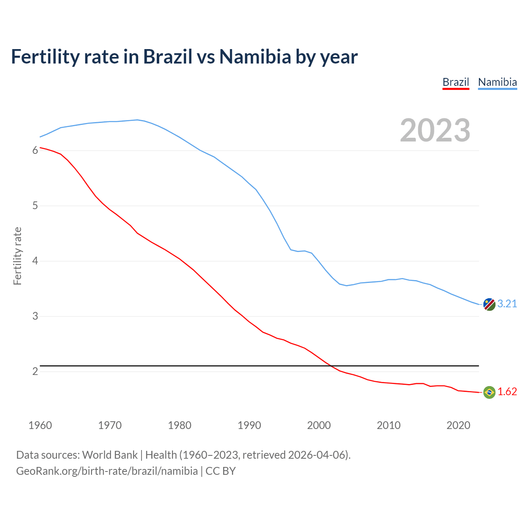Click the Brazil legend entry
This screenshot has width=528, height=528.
pyautogui.click(x=456, y=82)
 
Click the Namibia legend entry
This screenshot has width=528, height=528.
pyautogui.click(x=497, y=82)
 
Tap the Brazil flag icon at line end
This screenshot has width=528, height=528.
pyautogui.click(x=489, y=392)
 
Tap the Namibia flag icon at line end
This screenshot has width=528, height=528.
pyautogui.click(x=489, y=304)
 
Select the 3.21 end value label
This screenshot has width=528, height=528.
pyautogui.click(x=507, y=304)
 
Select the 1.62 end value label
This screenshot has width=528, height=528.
pyautogui.click(x=507, y=392)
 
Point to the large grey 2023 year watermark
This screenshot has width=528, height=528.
pyautogui.click(x=435, y=130)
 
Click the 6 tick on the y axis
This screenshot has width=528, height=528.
pyautogui.click(x=35, y=151)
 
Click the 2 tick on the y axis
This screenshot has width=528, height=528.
pyautogui.click(x=35, y=372)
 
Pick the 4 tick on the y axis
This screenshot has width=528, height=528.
pyautogui.click(x=35, y=261)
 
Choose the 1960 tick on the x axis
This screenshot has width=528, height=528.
pyautogui.click(x=40, y=425)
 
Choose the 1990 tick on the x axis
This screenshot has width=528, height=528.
pyautogui.click(x=249, y=425)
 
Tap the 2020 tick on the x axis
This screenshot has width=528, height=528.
pyautogui.click(x=458, y=425)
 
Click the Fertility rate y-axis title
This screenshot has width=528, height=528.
pyautogui.click(x=17, y=256)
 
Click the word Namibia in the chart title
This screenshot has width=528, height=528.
pyautogui.click(x=255, y=57)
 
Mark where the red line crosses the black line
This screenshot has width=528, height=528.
pyautogui.click(x=331, y=366)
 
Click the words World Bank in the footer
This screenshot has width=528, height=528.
pyautogui.click(x=110, y=455)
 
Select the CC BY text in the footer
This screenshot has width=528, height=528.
pyautogui.click(x=221, y=471)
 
